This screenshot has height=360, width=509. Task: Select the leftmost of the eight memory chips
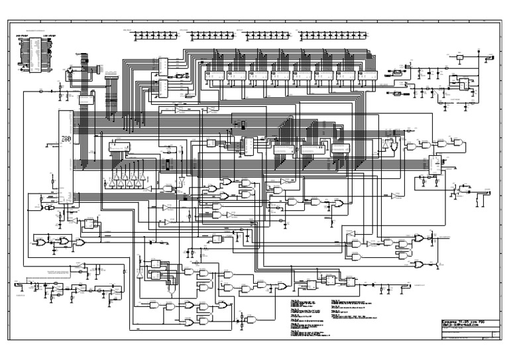(x=214, y=76)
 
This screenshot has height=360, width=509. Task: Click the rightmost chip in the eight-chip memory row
(x=368, y=76)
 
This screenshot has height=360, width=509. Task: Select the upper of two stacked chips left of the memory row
(x=163, y=65)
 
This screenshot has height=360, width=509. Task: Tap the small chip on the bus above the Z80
(x=85, y=99)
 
